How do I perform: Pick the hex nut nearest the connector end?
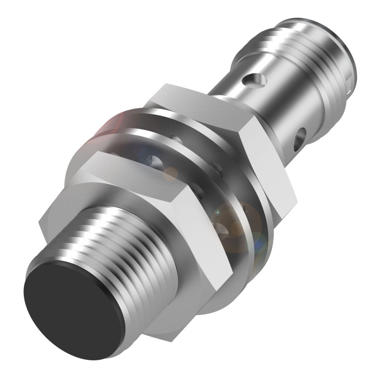point(229,137)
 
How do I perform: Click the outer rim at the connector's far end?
point(352,57)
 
